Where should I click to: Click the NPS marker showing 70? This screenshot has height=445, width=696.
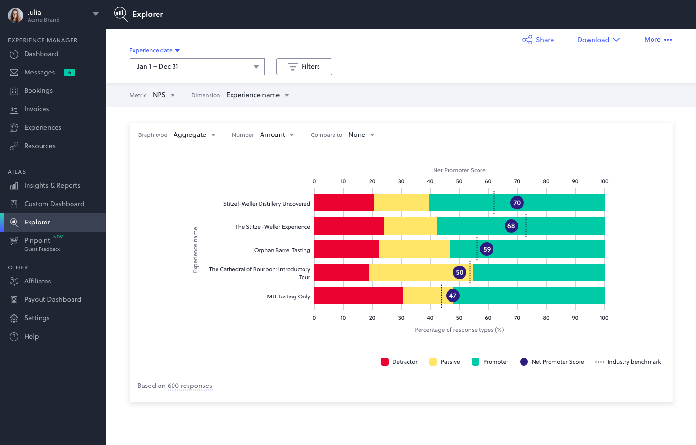(517, 203)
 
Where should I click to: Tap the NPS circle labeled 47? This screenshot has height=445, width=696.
(452, 296)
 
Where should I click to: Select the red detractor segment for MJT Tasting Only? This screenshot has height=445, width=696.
(358, 296)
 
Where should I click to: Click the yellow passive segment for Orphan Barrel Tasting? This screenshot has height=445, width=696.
(414, 249)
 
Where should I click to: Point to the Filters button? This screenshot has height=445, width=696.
(304, 67)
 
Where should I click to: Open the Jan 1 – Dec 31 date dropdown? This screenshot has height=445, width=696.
(197, 67)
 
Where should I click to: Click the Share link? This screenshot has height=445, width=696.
(538, 40)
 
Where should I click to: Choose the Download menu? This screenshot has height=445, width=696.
(598, 40)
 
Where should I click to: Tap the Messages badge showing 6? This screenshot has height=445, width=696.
(70, 73)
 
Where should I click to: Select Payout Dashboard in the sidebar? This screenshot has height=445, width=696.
(53, 299)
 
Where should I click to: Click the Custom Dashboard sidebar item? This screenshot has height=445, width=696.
(54, 204)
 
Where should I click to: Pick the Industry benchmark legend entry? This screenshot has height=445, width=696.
(628, 362)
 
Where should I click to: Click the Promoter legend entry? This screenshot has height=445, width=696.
(490, 362)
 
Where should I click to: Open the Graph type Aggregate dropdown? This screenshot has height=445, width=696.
(194, 135)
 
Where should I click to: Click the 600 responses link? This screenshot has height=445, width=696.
(190, 386)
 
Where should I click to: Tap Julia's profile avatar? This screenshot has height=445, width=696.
(15, 15)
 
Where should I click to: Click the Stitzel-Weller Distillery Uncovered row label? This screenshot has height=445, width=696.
(266, 204)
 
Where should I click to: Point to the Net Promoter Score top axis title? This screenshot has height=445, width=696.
(459, 170)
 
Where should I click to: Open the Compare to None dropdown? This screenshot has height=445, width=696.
(361, 135)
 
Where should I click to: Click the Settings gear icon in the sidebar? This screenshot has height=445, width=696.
(14, 318)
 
